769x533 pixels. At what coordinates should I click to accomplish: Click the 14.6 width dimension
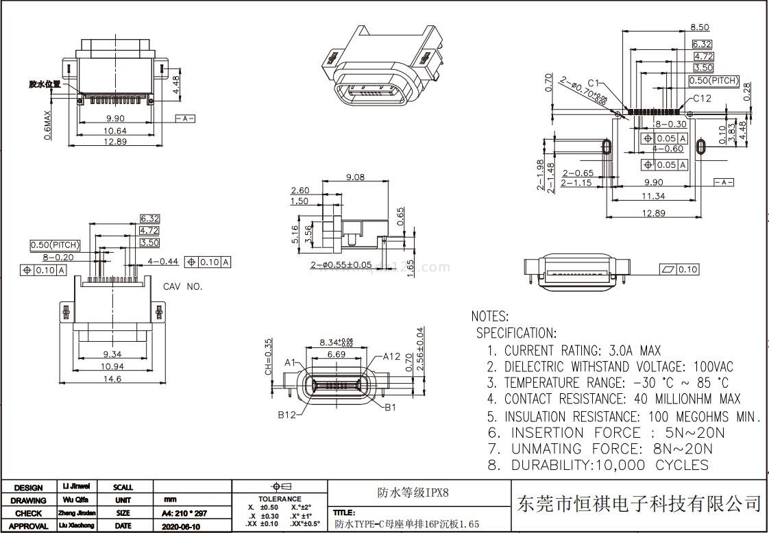pos(112,378)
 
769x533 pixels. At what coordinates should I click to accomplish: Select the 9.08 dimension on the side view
pos(355,177)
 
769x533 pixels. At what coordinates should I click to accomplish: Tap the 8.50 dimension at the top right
pos(699,27)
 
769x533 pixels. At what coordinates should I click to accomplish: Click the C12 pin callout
pos(702,99)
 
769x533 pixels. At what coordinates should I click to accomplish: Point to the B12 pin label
pos(286,414)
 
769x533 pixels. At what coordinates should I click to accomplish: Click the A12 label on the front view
pos(391,356)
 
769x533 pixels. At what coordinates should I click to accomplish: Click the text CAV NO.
pos(182,286)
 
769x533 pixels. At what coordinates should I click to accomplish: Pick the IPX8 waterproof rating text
pos(413,493)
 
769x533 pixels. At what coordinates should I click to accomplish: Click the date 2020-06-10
pos(181,526)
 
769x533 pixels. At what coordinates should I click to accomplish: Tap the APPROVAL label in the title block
pos(28,526)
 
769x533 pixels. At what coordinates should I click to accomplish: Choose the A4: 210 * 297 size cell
pos(184,513)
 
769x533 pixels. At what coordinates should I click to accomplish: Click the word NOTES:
pos(489,317)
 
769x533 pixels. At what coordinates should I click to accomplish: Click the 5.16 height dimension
pos(295,234)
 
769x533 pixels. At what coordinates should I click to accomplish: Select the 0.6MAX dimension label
pos(47,126)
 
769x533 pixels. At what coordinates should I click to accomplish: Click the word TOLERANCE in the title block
pos(279,499)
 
